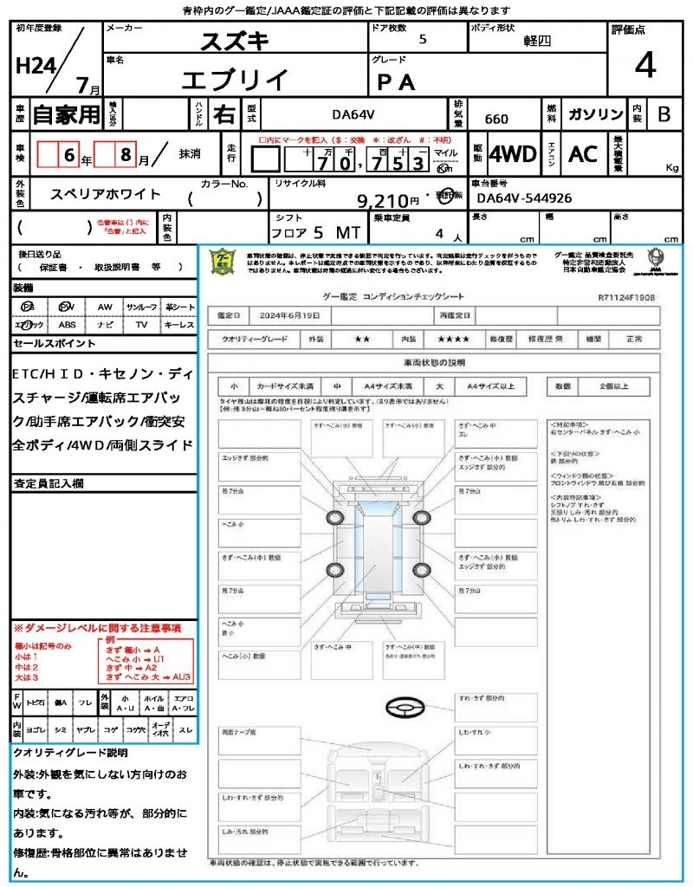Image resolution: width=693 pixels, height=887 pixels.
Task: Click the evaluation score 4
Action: pyautogui.click(x=644, y=66)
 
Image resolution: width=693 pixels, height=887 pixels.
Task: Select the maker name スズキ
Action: pyautogui.click(x=235, y=40)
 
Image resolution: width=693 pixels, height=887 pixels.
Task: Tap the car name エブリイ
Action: pyautogui.click(x=235, y=80)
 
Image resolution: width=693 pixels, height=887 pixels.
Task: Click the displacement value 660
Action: pyautogui.click(x=496, y=120)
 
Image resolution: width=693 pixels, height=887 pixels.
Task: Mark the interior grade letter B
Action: pyautogui.click(x=664, y=114)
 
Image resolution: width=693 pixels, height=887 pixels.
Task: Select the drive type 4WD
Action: pyautogui.click(x=513, y=154)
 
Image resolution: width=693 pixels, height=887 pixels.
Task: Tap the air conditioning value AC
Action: pyautogui.click(x=583, y=154)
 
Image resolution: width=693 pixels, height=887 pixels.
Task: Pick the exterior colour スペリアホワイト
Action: pyautogui.click(x=106, y=195)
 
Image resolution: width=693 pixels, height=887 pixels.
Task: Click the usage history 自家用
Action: pyautogui.click(x=66, y=114)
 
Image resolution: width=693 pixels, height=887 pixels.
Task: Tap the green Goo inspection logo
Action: pyautogui.click(x=223, y=261)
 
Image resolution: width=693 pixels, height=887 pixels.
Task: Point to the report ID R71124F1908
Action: pyautogui.click(x=626, y=296)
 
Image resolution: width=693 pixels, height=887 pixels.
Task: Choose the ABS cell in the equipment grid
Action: pyautogui.click(x=68, y=325)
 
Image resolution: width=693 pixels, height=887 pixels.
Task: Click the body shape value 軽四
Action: pyautogui.click(x=537, y=40)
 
